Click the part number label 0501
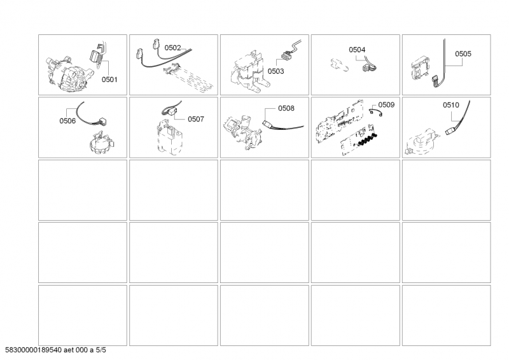[109, 80]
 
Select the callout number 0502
[172, 48]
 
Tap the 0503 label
[275, 71]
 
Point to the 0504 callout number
[357, 50]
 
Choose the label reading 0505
[463, 54]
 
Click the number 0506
[67, 121]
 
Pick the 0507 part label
[196, 119]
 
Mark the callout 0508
[286, 108]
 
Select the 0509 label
[386, 105]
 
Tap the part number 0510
[451, 105]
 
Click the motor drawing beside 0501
[67, 74]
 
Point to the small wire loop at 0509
[376, 112]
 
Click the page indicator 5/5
[101, 350]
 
